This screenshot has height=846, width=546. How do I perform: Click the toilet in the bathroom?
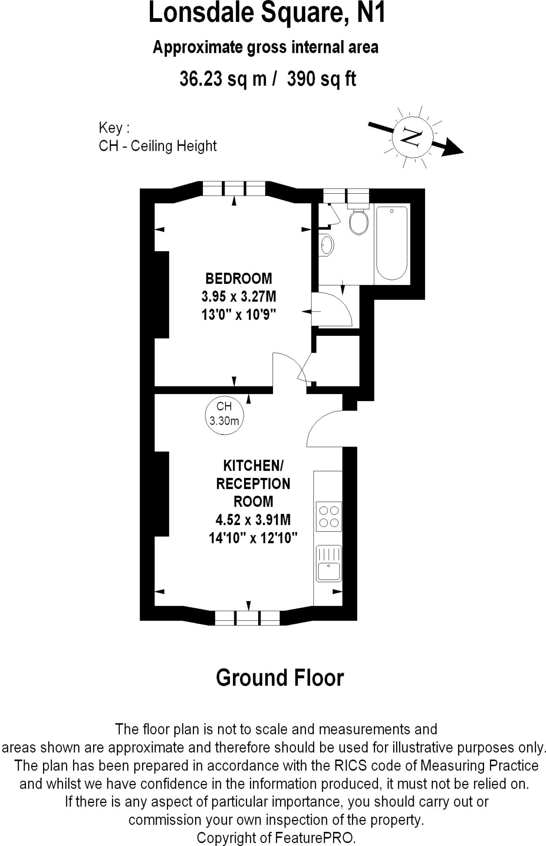[358, 221]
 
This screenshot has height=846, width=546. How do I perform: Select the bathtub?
[392, 244]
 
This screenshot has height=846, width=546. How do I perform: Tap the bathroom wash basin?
[327, 245]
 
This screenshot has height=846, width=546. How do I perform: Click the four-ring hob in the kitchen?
[329, 516]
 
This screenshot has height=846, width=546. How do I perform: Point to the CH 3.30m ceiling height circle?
[224, 414]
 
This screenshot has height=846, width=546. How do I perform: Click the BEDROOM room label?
[239, 278]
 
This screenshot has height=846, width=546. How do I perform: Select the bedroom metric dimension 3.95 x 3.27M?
[239, 297]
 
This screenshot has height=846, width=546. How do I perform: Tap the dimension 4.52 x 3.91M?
[253, 520]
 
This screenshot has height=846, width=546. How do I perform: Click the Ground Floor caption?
[280, 678]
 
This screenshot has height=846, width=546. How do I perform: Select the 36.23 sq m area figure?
[223, 78]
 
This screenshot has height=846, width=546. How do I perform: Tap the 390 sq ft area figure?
[321, 78]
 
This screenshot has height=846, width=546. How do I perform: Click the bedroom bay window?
[234, 189]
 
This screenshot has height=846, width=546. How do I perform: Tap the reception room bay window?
[247, 618]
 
